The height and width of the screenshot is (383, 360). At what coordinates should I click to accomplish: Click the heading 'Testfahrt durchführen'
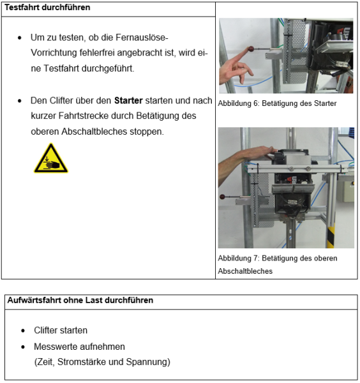click(47, 8)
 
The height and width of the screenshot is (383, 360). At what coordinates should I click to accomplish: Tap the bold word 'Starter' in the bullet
click(128, 101)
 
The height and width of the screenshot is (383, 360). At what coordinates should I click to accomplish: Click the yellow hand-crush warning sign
click(51, 158)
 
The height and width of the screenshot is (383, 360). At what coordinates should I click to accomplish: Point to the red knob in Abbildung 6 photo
click(251, 49)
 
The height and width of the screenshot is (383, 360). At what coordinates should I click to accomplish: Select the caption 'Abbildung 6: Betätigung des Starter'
click(277, 103)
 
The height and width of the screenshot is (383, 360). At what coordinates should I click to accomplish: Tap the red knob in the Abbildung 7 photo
click(222, 197)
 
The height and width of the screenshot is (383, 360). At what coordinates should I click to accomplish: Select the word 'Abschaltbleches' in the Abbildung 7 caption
click(245, 271)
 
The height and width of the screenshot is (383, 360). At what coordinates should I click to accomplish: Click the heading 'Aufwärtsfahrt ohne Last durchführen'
click(80, 300)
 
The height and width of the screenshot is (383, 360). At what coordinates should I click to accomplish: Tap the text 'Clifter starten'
click(61, 331)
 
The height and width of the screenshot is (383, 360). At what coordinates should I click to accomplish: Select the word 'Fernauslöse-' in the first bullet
click(142, 38)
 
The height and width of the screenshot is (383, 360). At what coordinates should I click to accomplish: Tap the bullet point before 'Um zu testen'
click(20, 38)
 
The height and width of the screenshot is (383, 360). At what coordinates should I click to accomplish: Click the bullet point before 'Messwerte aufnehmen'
click(23, 347)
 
